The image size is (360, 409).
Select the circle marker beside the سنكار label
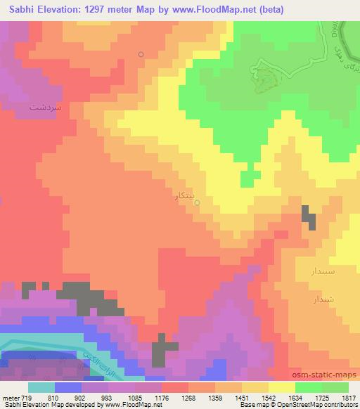197,203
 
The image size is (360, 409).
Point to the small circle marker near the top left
141,54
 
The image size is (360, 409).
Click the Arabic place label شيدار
325,300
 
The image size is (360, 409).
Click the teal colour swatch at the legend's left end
41,388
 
